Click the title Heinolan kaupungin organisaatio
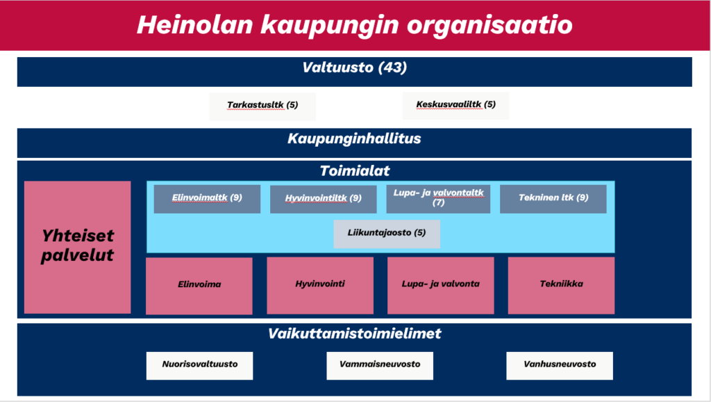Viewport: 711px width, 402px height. [355, 24]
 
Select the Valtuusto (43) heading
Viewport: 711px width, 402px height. [355, 67]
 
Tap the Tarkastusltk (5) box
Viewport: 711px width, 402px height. [262, 106]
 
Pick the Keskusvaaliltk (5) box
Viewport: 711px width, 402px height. [455, 106]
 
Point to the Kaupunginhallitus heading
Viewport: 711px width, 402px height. [354, 138]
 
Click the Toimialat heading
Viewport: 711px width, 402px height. [355, 171]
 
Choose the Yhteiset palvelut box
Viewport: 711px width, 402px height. [78, 247]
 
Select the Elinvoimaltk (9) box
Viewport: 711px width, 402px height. [207, 199]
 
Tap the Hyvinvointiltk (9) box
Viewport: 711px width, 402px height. [324, 199]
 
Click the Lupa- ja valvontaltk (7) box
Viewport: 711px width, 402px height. [438, 199]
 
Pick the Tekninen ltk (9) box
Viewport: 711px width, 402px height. [553, 199]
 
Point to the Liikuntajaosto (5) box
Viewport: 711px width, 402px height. [387, 234]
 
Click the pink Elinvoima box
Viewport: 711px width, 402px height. [199, 286]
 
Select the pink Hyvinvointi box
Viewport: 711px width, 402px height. [320, 286]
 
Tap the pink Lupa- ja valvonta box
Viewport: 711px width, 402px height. [441, 286]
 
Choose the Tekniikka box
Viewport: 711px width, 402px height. [561, 286]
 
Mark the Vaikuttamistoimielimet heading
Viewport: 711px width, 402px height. [355, 334]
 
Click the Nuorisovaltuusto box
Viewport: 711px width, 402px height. [199, 366]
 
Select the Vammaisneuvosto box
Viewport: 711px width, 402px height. [380, 366]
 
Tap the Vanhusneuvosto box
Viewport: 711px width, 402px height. [560, 366]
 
